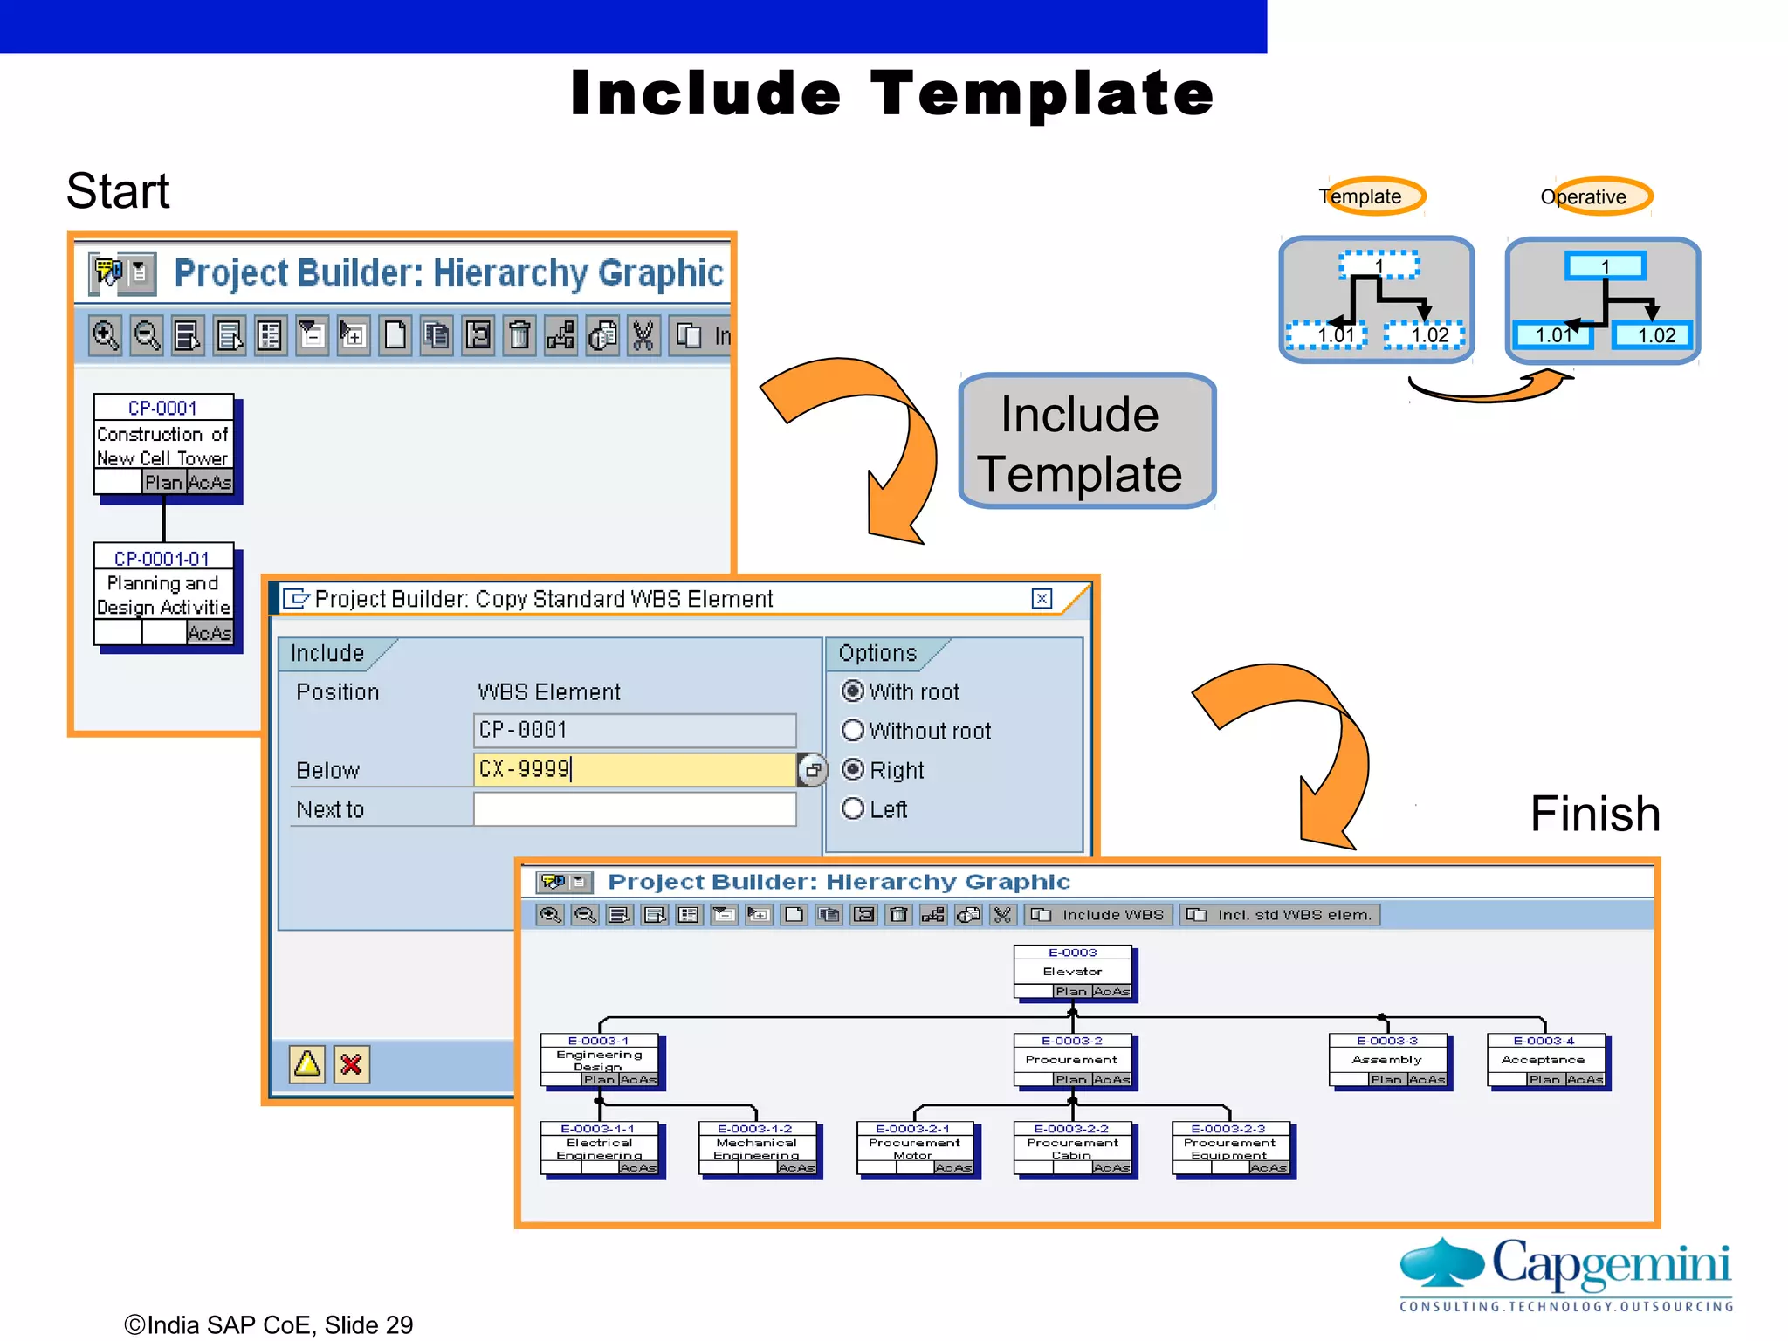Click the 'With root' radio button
(853, 691)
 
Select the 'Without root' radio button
(853, 731)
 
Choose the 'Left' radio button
(853, 809)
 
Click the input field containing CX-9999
(635, 769)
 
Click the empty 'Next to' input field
(635, 809)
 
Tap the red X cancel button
(352, 1064)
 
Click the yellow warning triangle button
(307, 1064)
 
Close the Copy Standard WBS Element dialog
(1042, 599)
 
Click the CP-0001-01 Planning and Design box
(163, 595)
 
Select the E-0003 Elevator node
(1073, 972)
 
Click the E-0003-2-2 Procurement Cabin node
(1073, 1148)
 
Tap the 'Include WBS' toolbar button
(1100, 915)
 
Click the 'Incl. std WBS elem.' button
(1281, 915)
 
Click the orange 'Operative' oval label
(1595, 196)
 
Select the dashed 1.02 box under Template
(1425, 335)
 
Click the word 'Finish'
(1594, 814)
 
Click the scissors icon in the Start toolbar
(643, 335)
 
